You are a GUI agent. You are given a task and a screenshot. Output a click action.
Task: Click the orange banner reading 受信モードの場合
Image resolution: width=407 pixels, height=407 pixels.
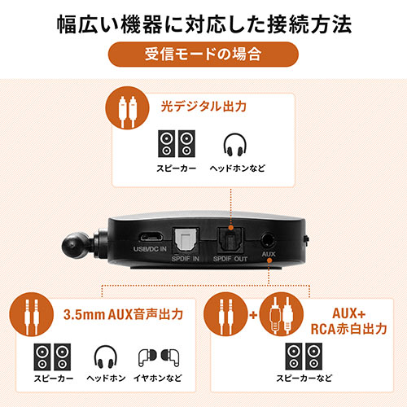point(203,56)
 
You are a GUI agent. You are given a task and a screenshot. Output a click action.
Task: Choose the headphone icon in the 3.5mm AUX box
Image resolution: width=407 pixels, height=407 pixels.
point(103,357)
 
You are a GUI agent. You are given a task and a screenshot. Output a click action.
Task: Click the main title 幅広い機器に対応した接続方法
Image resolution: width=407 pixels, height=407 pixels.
point(203,22)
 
